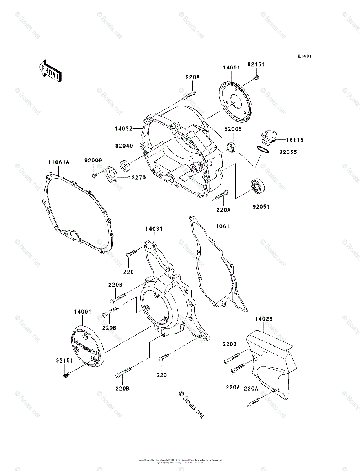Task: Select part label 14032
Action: [x=124, y=128]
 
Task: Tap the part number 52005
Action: [x=233, y=129]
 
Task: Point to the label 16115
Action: [x=294, y=140]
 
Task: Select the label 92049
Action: [x=124, y=146]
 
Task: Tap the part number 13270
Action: [x=136, y=177]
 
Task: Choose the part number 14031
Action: [x=154, y=228]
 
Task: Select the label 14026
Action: [x=264, y=319]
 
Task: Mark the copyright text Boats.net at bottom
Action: [x=192, y=405]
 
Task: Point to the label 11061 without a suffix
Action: [x=221, y=226]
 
